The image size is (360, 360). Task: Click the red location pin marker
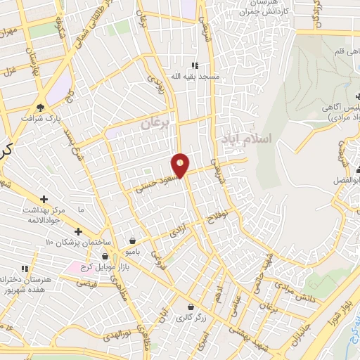tap(181, 165)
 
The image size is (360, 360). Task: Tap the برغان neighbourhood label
tap(155, 123)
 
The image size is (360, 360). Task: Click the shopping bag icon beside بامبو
tap(132, 240)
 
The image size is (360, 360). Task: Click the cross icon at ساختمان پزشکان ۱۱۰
tap(78, 232)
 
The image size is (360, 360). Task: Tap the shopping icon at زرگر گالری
tap(191, 307)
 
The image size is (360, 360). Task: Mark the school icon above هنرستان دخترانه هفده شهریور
tap(25, 269)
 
